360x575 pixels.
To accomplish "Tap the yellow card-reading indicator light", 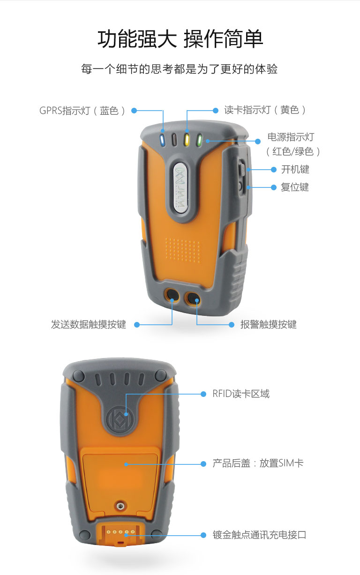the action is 187,140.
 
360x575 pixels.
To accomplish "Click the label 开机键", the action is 295,170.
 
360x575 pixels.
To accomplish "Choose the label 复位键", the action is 295,187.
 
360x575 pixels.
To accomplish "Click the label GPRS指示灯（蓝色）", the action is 82,111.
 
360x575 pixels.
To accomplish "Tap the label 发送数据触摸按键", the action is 89,324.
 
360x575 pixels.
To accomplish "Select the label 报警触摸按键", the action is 268,324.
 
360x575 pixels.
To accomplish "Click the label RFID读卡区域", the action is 241,394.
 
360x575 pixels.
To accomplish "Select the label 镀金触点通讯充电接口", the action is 259,535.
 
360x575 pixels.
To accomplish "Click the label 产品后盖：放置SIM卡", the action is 258,463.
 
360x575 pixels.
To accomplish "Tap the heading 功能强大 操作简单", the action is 180,39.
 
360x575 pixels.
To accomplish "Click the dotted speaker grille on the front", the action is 183,250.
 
